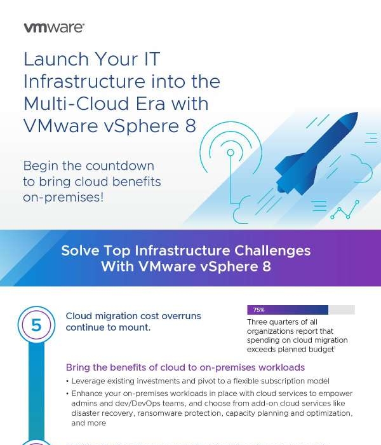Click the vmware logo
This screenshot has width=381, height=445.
[53, 28]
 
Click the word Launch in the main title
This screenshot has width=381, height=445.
[56, 59]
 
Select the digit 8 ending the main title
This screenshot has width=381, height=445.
[190, 126]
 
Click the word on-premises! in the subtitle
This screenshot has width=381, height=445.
[63, 197]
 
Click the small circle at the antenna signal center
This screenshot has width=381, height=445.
[231, 153]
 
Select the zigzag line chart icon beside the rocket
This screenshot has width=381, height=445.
[344, 210]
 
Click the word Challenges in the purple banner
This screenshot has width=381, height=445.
[272, 250]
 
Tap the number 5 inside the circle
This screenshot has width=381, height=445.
[36, 325]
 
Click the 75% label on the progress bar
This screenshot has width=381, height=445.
[258, 310]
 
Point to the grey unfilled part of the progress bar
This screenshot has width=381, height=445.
[342, 310]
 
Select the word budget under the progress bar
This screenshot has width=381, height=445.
[321, 350]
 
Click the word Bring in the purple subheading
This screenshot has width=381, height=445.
[78, 367]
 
